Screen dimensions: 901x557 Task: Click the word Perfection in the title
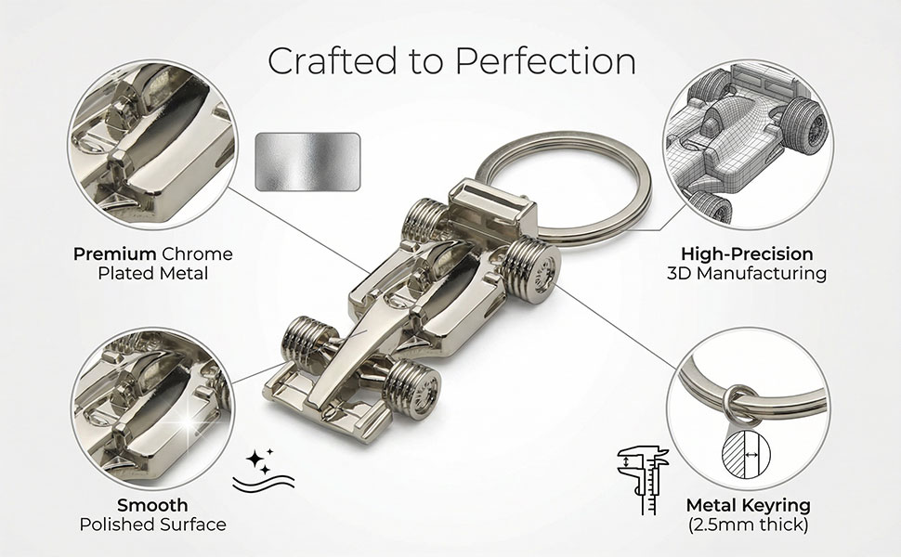coord(546,60)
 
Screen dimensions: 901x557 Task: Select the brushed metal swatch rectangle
coord(307,162)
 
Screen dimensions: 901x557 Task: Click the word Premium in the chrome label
coord(114,253)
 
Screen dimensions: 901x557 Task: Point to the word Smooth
coord(152,505)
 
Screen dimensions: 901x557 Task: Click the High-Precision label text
coord(747,253)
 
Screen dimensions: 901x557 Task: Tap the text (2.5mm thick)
coord(748,525)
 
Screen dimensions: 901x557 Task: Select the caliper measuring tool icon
coord(643,479)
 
